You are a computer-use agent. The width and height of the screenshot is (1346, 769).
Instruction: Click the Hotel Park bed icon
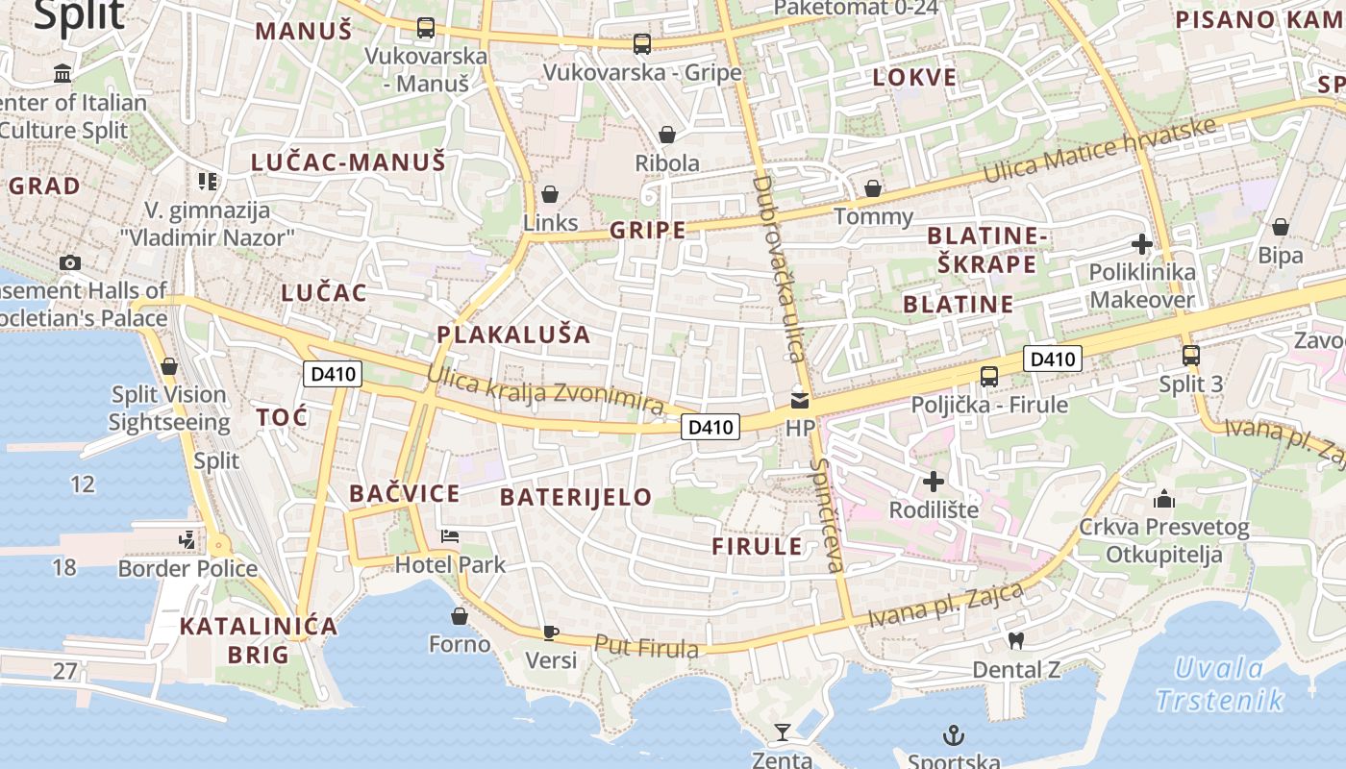(449, 535)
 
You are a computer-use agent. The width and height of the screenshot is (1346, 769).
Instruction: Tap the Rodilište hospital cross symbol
(933, 481)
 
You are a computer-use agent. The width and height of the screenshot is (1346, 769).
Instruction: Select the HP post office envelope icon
(800, 398)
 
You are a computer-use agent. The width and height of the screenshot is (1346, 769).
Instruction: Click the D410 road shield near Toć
(333, 375)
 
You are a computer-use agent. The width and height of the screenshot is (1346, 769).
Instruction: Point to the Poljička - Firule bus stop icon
(989, 376)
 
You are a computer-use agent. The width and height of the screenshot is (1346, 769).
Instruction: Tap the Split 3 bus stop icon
(1190, 355)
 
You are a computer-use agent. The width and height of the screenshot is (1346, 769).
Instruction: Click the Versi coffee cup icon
(550, 632)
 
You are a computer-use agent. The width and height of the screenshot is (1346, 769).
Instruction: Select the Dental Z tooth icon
(1016, 640)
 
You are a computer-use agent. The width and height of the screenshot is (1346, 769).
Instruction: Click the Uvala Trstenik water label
(1220, 683)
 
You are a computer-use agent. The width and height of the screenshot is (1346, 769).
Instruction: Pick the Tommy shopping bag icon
(873, 188)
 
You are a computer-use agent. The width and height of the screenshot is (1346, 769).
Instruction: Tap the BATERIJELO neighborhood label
(576, 497)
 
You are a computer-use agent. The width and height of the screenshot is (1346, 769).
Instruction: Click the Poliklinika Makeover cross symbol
(1141, 244)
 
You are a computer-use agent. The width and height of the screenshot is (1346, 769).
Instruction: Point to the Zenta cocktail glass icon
(783, 732)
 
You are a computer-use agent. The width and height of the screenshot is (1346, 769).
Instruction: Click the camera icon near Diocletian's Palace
(69, 262)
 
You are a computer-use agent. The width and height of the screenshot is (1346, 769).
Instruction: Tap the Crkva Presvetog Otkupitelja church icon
(1164, 499)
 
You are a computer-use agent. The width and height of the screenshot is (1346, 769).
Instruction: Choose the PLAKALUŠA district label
(513, 335)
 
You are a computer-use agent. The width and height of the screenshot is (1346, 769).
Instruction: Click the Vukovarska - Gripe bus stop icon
(642, 43)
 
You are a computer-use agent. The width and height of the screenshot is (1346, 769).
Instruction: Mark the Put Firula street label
(646, 647)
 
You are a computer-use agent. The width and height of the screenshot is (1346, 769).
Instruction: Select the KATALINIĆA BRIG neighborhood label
(259, 640)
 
